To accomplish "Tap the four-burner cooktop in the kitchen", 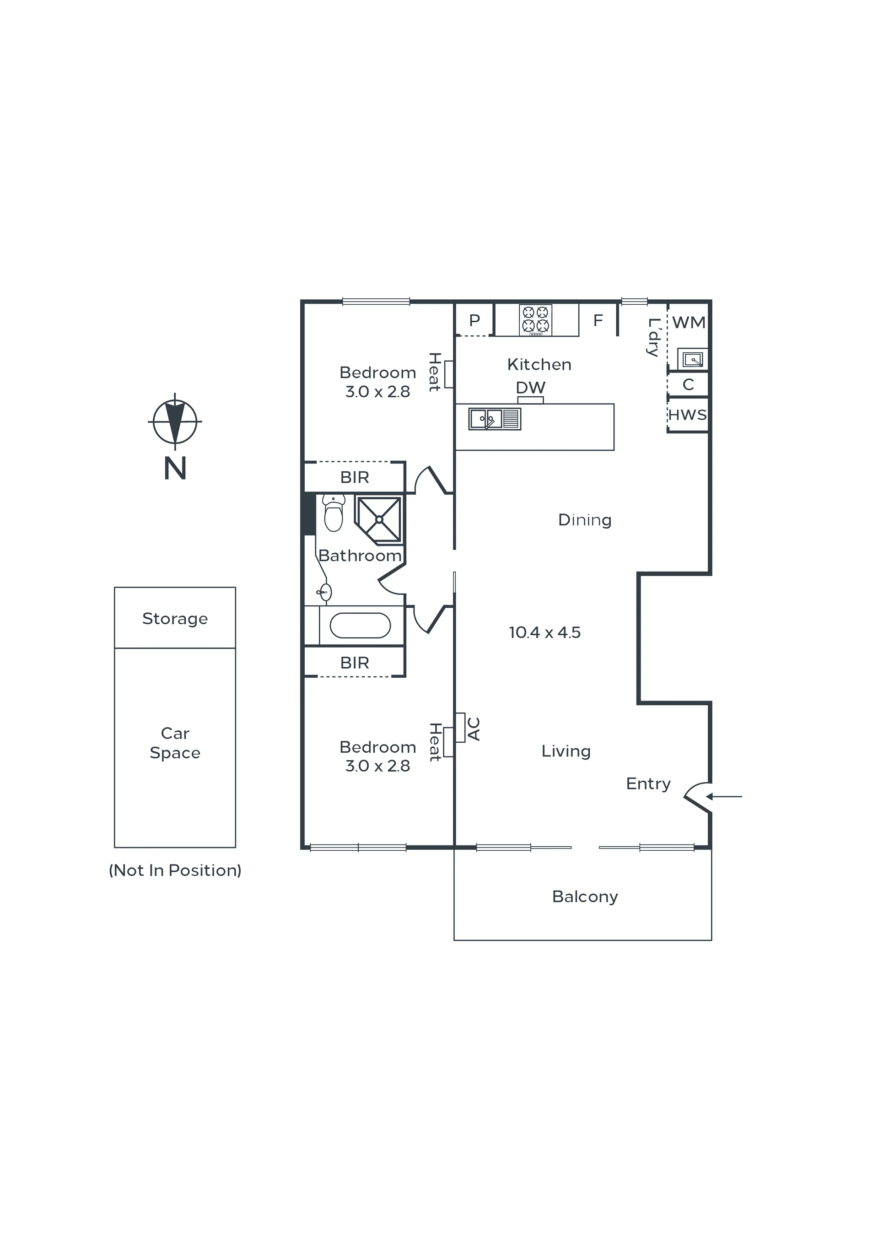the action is coord(536,320).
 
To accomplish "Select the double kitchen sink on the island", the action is coord(495,419).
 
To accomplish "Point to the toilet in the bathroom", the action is coord(334,513).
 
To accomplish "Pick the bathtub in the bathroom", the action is coord(360,626).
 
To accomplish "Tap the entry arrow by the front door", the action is coord(724,796).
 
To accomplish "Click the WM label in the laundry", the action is coord(689,323).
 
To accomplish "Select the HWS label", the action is coord(688,415).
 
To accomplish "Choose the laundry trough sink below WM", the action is coord(692,359).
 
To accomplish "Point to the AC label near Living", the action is coord(474,729).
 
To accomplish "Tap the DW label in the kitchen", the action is coord(531,387).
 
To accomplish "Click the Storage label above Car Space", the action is coord(175,619).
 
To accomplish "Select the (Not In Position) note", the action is coord(175,870).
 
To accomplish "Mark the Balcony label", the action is coord(585,897).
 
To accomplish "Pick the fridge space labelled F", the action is coord(598,320).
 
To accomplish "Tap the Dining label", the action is coord(585,520).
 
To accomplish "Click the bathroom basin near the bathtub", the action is coord(324,592).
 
